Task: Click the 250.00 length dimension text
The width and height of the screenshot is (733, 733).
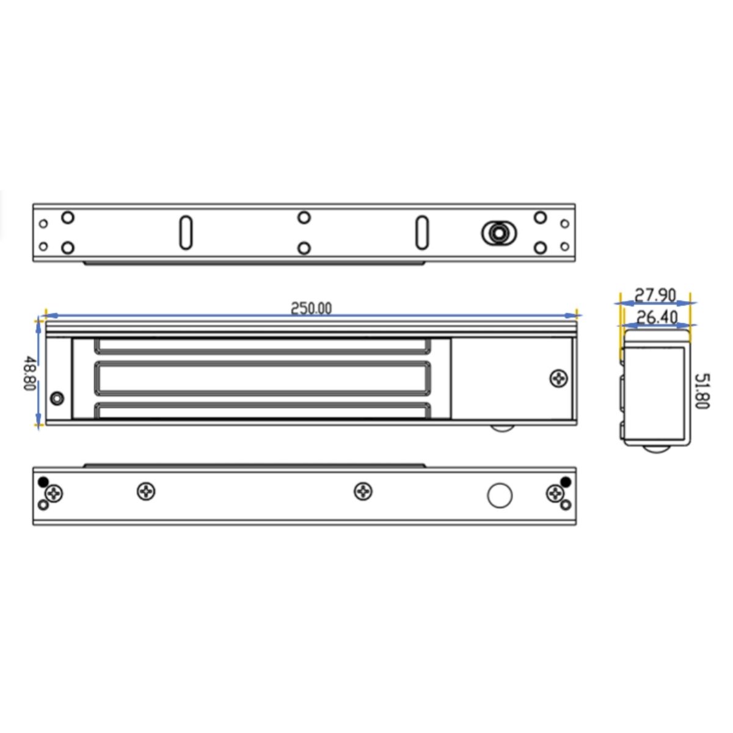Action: pyautogui.click(x=311, y=308)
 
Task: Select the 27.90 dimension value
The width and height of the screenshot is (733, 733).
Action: pyautogui.click(x=655, y=296)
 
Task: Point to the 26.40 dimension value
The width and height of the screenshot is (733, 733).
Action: pyautogui.click(x=657, y=317)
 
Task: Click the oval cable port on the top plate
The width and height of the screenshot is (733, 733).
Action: pyautogui.click(x=499, y=233)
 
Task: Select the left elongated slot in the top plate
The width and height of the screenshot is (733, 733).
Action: pyautogui.click(x=186, y=232)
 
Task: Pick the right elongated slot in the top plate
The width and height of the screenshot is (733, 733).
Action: pyautogui.click(x=421, y=232)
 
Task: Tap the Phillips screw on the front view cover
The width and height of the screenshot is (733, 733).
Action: pyautogui.click(x=558, y=378)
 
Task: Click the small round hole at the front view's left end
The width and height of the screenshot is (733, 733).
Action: pyautogui.click(x=57, y=398)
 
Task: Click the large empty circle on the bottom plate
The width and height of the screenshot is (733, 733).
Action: pyautogui.click(x=499, y=495)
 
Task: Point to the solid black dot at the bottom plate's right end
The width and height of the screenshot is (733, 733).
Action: pyautogui.click(x=566, y=482)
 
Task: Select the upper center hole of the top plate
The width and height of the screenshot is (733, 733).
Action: pyautogui.click(x=304, y=217)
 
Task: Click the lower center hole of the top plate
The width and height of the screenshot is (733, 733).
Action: pyautogui.click(x=304, y=247)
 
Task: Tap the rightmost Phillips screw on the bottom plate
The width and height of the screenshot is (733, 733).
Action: pyautogui.click(x=555, y=493)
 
